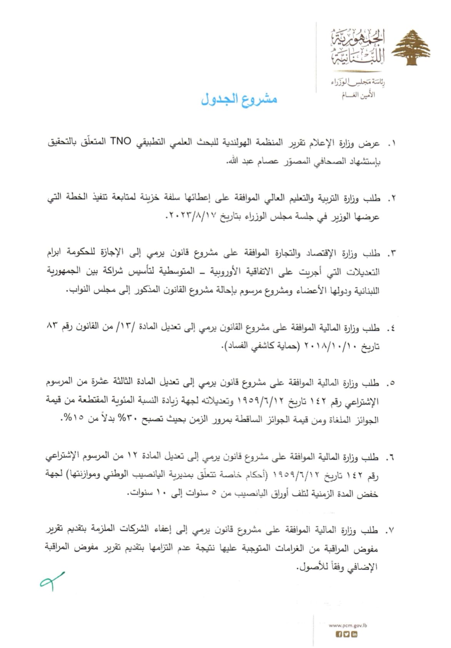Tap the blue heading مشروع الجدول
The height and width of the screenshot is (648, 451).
(x=239, y=99)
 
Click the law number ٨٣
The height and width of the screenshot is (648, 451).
(x=52, y=327)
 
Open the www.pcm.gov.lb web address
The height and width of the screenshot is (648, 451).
(x=347, y=625)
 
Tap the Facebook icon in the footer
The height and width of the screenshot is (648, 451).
(x=339, y=635)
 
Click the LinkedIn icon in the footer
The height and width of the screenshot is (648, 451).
(x=354, y=635)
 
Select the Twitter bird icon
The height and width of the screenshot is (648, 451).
(x=347, y=635)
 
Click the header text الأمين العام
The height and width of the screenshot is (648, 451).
(x=358, y=95)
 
